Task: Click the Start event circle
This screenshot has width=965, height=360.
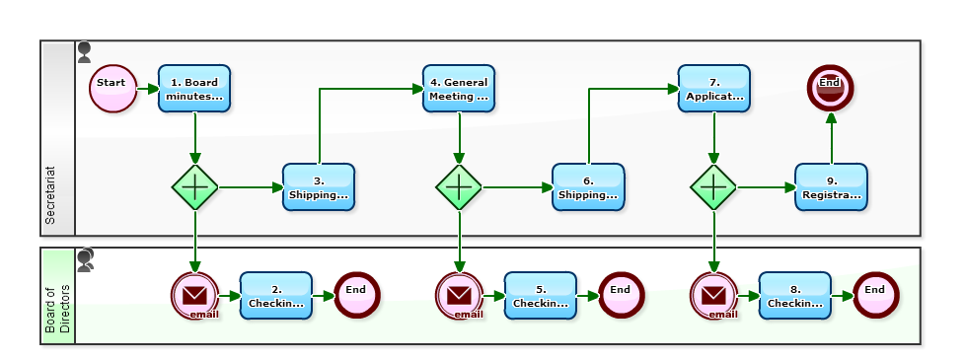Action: (x=112, y=89)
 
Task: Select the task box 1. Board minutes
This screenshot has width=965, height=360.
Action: (x=194, y=89)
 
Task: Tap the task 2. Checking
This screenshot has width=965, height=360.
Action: (x=276, y=295)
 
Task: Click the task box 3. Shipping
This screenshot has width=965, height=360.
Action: (x=319, y=187)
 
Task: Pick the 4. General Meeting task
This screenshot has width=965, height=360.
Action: (x=459, y=89)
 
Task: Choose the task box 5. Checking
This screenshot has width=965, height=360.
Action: (x=541, y=295)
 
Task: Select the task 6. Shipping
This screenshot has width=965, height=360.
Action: (x=588, y=187)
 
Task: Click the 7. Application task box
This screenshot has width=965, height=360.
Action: (x=713, y=89)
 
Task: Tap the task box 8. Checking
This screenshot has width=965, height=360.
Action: (x=795, y=295)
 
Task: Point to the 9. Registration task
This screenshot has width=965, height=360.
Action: (x=832, y=187)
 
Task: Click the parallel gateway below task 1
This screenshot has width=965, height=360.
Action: (x=195, y=186)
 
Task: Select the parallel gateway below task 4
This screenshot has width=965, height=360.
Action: (x=460, y=186)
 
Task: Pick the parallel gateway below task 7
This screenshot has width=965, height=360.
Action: (x=713, y=186)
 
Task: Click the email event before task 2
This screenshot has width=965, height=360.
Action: (x=195, y=295)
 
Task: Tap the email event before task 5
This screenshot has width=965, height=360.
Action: (x=460, y=295)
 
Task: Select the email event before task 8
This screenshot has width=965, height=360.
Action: (x=713, y=295)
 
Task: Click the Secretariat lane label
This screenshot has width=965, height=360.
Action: (x=51, y=193)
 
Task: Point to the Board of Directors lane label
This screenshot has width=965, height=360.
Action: (x=58, y=309)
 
